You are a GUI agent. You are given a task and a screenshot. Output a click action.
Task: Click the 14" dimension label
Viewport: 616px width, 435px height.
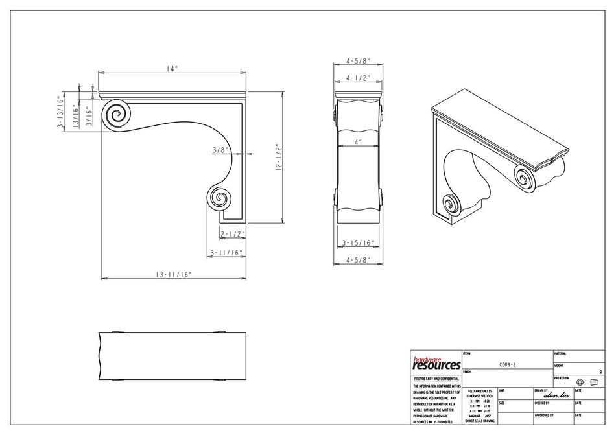coord(171,69)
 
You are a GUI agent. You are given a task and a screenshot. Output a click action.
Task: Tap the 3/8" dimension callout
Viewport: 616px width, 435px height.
coord(221,150)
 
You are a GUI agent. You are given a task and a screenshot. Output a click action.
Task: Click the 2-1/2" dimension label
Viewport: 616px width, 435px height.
coord(231,234)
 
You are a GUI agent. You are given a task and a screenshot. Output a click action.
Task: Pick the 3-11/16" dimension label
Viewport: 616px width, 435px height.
coord(226,253)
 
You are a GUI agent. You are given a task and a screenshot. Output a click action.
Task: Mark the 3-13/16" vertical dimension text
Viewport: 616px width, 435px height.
coord(60,113)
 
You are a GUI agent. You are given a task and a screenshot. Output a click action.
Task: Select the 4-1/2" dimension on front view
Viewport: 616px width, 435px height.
coord(357,78)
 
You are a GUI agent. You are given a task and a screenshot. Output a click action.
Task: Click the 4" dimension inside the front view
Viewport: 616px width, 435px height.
coord(357,141)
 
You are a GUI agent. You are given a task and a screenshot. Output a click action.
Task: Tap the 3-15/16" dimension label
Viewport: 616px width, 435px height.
coord(357,244)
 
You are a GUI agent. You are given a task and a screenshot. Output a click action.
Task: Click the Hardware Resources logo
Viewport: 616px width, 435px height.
coord(436,362)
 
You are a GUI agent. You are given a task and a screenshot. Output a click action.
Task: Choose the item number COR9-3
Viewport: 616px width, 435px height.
coord(506,365)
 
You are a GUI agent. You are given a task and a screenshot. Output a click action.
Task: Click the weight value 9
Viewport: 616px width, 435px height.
coord(600,372)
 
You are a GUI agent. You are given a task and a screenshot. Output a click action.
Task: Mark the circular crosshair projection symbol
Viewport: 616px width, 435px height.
coord(580,382)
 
